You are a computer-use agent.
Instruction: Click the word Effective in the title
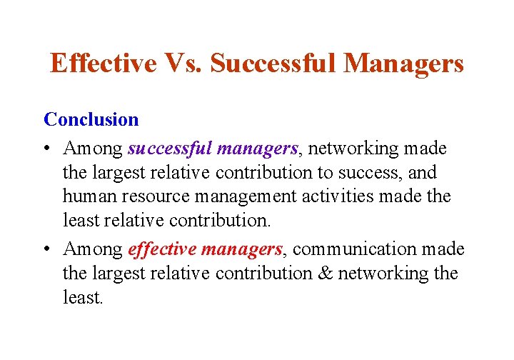pyautogui.click(x=103, y=64)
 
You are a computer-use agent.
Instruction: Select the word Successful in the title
pyautogui.click(x=273, y=64)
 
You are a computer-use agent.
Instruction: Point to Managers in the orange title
pyautogui.click(x=403, y=64)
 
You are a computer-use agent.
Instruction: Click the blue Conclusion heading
pyautogui.click(x=91, y=119)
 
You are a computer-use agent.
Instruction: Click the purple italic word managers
pyautogui.click(x=258, y=149)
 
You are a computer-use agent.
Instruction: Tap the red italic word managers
pyautogui.click(x=242, y=249)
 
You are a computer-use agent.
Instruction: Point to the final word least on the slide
pyautogui.click(x=83, y=298)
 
